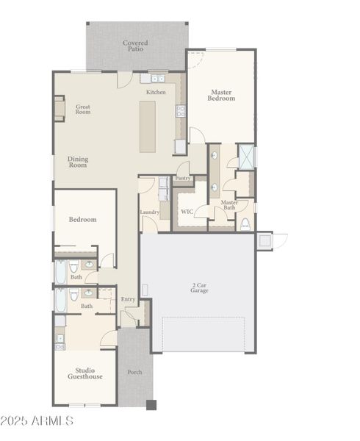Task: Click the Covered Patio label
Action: [135, 46]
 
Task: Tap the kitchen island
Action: [148, 126]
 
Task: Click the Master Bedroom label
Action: [221, 96]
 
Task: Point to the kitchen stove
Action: [180, 111]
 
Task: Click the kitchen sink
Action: [157, 78]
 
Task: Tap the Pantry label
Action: [183, 178]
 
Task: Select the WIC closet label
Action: [187, 212]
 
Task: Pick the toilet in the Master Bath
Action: [245, 223]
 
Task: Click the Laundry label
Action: [150, 213]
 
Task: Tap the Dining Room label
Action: [77, 162]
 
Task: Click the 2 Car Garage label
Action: [199, 287]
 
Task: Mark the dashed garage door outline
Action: [204, 334]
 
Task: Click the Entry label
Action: [128, 299]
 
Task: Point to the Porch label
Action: [135, 372]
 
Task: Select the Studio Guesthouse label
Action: [85, 373]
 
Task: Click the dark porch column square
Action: [151, 404]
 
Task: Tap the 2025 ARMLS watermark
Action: [37, 421]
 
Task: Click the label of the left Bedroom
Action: [82, 220]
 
